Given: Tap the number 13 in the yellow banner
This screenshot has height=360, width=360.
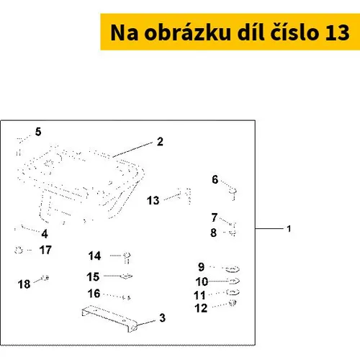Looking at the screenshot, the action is pyautogui.click(x=337, y=32).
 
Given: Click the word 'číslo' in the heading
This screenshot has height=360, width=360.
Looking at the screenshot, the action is pyautogui.click(x=295, y=32).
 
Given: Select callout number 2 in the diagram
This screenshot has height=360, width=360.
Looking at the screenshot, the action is pyautogui.click(x=160, y=142).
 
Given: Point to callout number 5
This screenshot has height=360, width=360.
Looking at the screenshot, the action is pyautogui.click(x=38, y=132).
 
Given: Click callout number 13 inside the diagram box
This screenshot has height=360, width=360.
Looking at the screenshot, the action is pyautogui.click(x=153, y=200).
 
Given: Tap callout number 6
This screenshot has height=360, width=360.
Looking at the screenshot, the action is pyautogui.click(x=215, y=179).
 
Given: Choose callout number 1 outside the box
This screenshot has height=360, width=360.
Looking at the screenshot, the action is pyautogui.click(x=289, y=229).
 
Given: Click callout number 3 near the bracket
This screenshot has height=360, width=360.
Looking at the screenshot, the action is pyautogui.click(x=163, y=318).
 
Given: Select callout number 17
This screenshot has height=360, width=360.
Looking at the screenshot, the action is pyautogui.click(x=45, y=250).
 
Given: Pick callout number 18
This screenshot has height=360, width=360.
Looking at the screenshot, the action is pyautogui.click(x=24, y=284).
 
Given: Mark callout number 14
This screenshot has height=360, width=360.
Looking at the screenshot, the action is pyautogui.click(x=94, y=256).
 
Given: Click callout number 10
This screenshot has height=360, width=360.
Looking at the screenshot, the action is pyautogui.click(x=202, y=282).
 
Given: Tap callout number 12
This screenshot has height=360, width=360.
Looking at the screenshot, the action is pyautogui.click(x=201, y=308).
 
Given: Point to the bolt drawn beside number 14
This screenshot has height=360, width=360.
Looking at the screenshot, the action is pyautogui.click(x=127, y=258).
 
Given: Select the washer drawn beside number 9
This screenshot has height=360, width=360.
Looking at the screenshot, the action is pyautogui.click(x=233, y=269).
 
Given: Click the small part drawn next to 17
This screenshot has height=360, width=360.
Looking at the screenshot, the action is pyautogui.click(x=19, y=251).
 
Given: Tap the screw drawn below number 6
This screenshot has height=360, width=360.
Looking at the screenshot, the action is pyautogui.click(x=233, y=194).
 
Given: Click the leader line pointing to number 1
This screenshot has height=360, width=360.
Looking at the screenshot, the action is pyautogui.click(x=269, y=229).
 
